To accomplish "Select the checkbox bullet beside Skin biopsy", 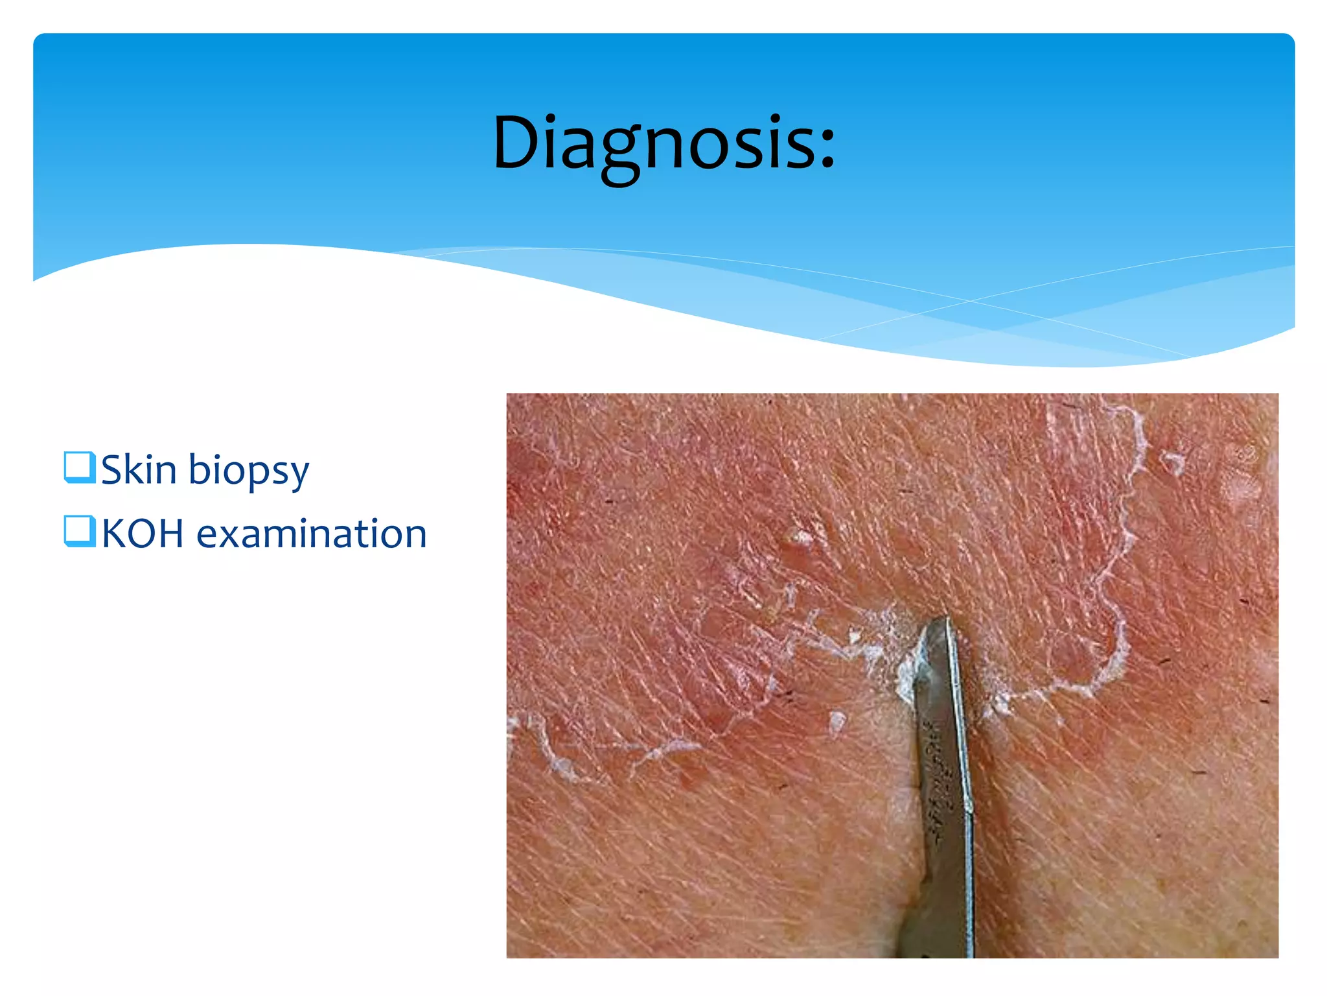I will tap(80, 468).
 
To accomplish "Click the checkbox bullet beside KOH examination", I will tap(80, 531).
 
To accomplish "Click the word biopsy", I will tap(249, 471).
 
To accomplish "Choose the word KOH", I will tap(143, 534).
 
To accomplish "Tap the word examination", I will tap(311, 534).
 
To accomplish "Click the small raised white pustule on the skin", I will tap(802, 538).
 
